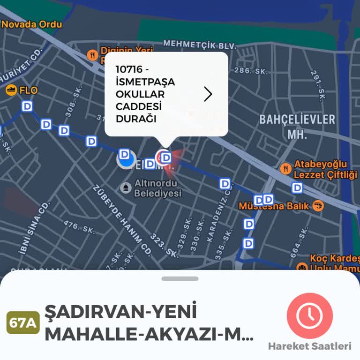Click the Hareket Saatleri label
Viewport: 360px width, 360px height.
click(309, 346)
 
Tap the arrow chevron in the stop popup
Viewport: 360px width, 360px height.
click(208, 94)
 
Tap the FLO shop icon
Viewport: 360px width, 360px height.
click(11, 90)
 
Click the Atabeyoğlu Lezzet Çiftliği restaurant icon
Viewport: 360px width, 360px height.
click(285, 168)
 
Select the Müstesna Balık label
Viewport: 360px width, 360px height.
click(274, 206)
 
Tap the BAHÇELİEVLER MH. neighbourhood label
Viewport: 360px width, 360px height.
click(297, 126)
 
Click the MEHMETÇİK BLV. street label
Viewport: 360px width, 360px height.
click(199, 45)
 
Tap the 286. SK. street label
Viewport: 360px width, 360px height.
click(250, 71)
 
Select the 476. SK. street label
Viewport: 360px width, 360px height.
click(79, 227)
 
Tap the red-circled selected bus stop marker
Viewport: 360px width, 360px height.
click(165, 157)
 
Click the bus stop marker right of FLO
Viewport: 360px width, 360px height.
click(28, 106)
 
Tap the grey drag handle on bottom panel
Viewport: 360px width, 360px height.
click(180, 278)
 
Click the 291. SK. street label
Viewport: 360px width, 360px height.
click(318, 85)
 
